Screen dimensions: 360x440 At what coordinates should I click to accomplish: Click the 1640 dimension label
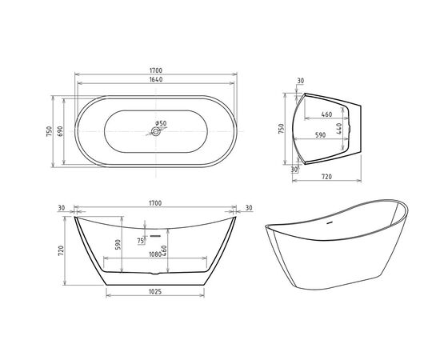(154, 80)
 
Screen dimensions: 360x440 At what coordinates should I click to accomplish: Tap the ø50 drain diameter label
(161, 123)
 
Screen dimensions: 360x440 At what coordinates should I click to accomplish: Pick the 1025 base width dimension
(155, 291)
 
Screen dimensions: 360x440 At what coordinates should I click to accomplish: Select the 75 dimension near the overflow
(141, 240)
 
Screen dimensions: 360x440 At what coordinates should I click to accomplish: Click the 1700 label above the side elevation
(154, 203)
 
